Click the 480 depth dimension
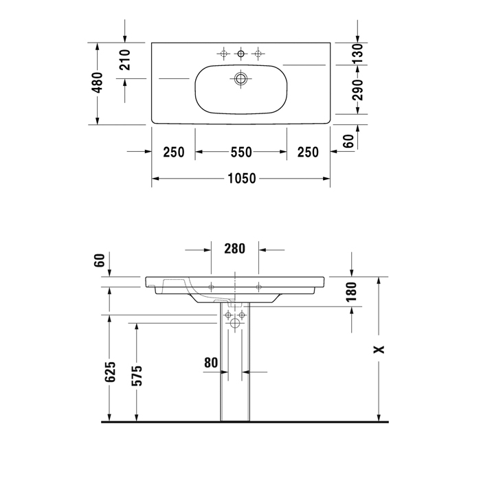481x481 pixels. tap(98, 83)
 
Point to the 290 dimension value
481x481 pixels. tap(357, 89)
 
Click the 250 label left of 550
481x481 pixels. tap(173, 152)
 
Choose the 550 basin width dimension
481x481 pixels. tap(240, 152)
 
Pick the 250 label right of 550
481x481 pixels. tap(308, 152)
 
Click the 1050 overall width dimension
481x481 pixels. tap(240, 179)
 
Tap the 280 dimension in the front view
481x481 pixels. tap(234, 249)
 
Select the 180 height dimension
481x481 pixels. tap(352, 291)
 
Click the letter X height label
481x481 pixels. tap(379, 349)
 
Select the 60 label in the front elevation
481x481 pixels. tap(100, 260)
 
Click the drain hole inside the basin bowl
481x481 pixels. tap(240, 79)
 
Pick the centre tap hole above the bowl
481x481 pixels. tap(240, 53)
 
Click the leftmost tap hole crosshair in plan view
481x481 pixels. tap(223, 53)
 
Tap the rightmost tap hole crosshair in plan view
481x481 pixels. tap(258, 53)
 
